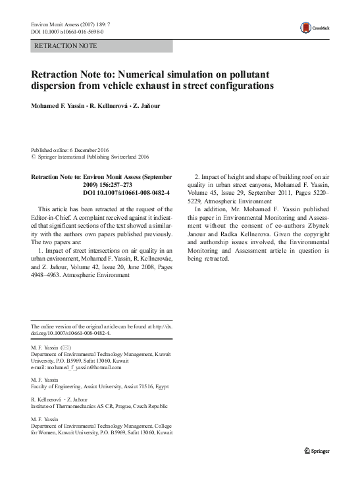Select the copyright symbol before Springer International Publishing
pyautogui.click(x=34, y=157)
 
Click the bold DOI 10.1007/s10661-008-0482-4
pyautogui.click(x=126, y=193)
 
